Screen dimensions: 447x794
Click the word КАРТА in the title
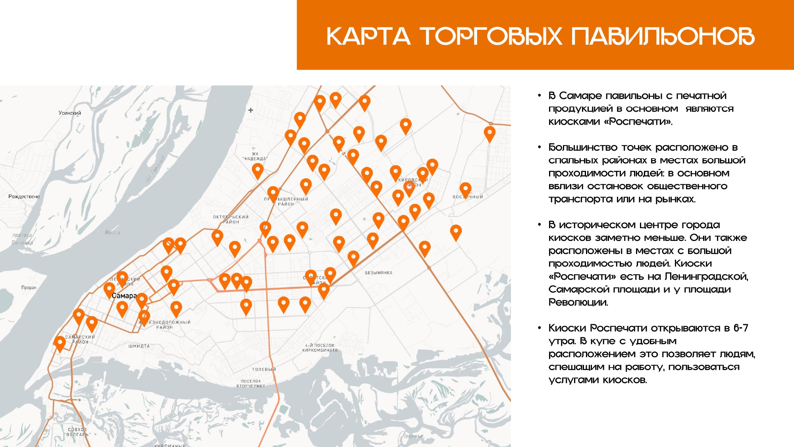(368, 37)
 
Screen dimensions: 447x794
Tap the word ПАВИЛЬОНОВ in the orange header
(663, 37)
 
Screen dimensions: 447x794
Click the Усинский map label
(70, 113)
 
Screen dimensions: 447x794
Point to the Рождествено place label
(24, 197)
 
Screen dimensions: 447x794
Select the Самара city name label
(124, 296)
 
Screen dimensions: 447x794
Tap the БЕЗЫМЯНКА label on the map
(378, 273)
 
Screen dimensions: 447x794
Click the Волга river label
(112, 232)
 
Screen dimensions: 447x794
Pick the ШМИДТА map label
(139, 346)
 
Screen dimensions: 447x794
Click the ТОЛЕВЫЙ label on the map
(264, 370)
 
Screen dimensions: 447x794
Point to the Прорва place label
(29, 288)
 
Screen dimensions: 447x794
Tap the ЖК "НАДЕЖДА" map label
(255, 157)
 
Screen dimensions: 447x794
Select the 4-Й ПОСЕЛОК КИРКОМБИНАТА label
(320, 348)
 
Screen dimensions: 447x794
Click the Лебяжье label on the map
(412, 436)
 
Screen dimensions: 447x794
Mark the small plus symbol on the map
(251, 110)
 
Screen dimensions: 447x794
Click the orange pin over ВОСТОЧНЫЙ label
(465, 190)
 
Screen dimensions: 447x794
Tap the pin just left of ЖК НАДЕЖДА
(258, 170)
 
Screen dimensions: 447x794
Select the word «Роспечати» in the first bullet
(638, 122)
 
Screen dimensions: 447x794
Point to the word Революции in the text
(578, 303)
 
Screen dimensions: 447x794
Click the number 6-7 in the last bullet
(741, 328)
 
